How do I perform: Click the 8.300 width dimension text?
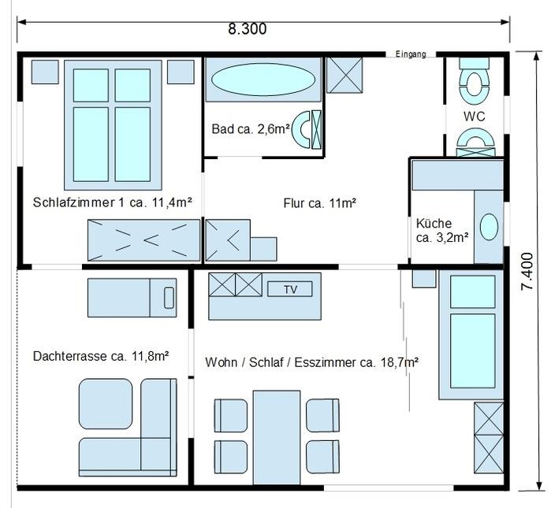248,29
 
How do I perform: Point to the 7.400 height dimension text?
527,272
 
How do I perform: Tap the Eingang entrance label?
411,54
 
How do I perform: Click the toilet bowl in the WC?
474,83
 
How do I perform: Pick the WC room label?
474,117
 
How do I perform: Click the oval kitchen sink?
489,227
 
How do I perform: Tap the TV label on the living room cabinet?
290,289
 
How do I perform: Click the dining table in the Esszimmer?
277,437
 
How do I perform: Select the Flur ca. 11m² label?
320,203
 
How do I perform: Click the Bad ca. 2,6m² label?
251,129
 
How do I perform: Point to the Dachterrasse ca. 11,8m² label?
101,356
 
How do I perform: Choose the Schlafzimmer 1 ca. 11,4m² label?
113,202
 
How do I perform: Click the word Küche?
434,223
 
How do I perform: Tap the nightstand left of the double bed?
45,72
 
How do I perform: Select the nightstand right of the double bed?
181,72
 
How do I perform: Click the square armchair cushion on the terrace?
106,404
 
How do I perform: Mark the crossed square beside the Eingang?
344,75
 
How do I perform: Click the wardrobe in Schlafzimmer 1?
143,240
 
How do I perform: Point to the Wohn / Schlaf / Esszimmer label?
311,362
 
